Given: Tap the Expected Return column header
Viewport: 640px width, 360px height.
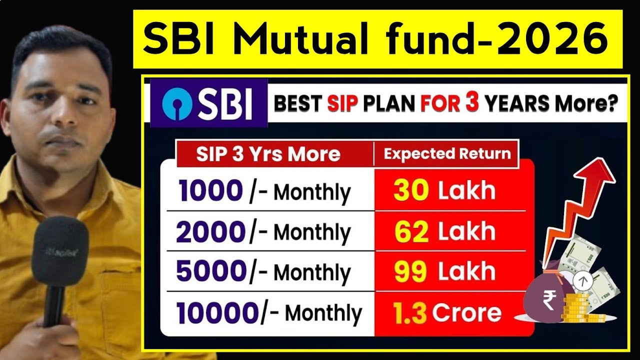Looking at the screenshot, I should [x=447, y=153].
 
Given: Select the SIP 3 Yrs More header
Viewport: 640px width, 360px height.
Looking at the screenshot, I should [x=268, y=153].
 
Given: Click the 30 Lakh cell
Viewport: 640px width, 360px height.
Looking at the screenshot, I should [x=444, y=190].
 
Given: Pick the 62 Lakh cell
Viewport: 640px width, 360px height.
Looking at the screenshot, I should [x=444, y=231].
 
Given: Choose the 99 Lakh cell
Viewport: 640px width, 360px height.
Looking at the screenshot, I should [x=444, y=271].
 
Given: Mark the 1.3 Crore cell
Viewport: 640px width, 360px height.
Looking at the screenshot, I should [x=447, y=313].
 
